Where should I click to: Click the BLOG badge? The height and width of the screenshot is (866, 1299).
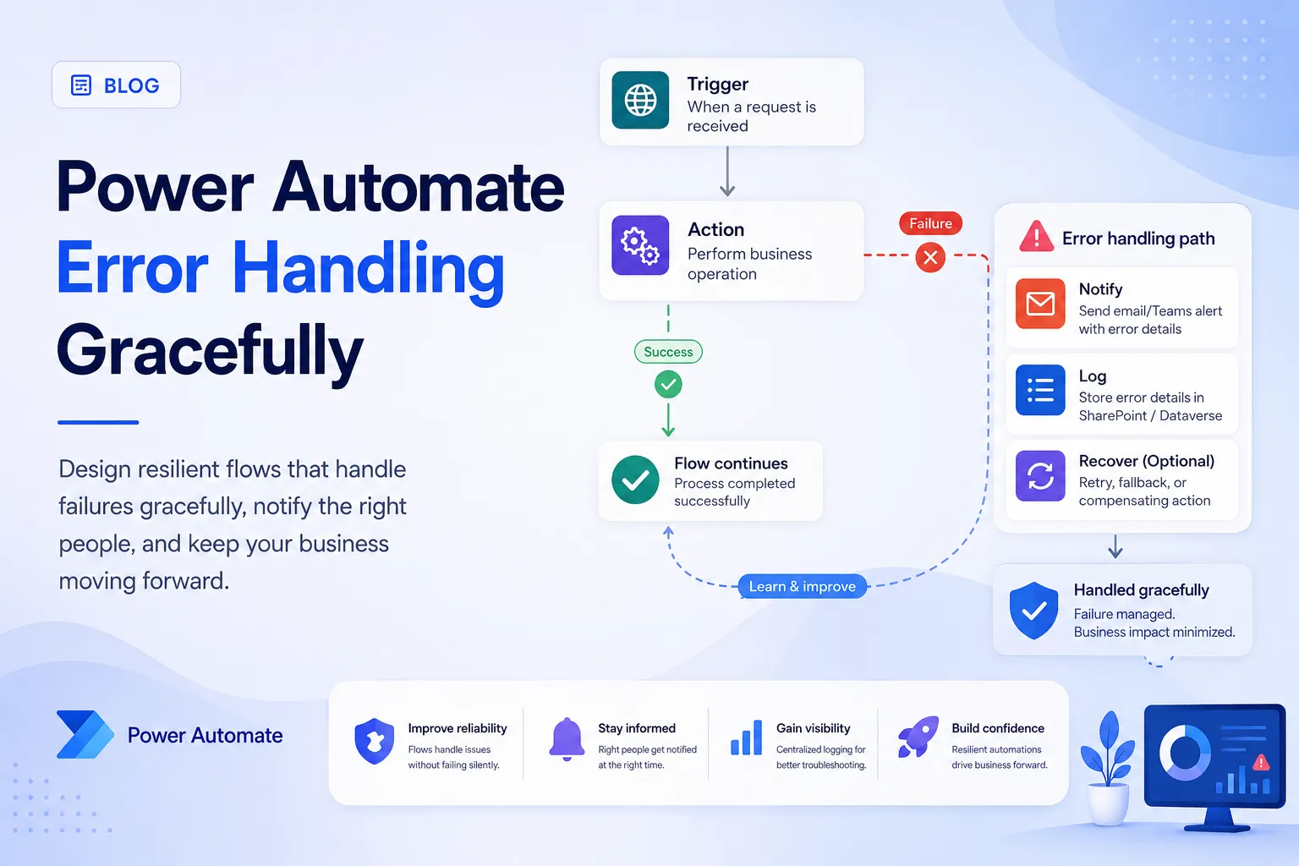point(116,85)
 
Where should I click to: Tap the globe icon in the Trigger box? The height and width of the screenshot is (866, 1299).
point(640,100)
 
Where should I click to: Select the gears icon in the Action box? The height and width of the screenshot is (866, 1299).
point(640,245)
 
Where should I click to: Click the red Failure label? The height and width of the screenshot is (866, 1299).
point(930,223)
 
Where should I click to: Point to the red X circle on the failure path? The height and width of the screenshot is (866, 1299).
point(930,257)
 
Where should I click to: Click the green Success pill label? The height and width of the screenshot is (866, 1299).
point(668,352)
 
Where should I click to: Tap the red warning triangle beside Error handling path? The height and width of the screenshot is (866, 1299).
point(1036,237)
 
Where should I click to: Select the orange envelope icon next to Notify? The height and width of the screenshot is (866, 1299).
point(1040,304)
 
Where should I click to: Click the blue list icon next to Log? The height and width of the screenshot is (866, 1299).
point(1040,391)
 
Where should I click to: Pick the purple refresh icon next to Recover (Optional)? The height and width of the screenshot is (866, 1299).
point(1040,476)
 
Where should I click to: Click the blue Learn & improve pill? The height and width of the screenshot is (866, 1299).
point(802,586)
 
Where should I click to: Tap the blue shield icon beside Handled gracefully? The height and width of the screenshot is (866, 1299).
point(1033,611)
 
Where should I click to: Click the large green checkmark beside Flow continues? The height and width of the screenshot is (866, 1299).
point(636,480)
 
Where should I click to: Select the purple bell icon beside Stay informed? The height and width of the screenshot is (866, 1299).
point(567,739)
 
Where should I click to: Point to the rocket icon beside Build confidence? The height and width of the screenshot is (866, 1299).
point(918,737)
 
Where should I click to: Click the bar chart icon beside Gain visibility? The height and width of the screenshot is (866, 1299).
point(747,737)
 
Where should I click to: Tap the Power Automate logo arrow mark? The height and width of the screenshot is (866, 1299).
point(85,734)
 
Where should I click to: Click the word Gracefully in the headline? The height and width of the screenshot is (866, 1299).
point(210,352)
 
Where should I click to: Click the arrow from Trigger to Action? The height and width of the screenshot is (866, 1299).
point(727,171)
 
